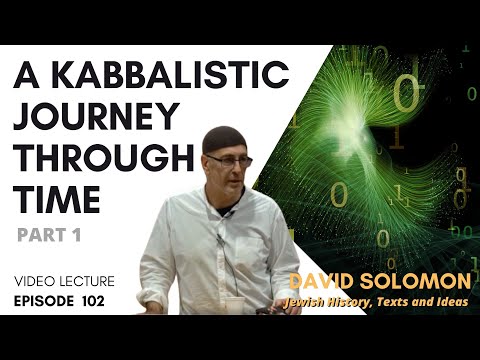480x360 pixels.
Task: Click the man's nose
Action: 233,168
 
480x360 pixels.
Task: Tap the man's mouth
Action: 232,181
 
